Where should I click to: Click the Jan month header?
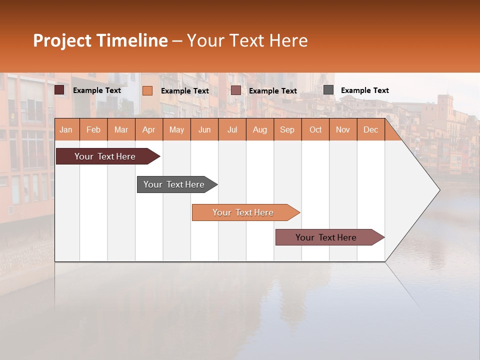coord(66,129)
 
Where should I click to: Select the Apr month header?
coord(149,129)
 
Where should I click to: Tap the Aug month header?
coord(259,129)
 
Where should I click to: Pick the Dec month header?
coord(370,129)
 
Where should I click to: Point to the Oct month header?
coord(315,129)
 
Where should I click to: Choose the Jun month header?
coord(204,129)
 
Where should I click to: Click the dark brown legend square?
coord(59,90)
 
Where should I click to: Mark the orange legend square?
coord(147,90)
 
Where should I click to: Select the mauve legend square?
coord(236,90)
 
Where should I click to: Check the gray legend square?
coord(328,89)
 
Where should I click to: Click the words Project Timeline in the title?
coord(100,40)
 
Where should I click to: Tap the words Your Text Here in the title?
coord(247,40)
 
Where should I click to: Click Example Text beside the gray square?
coord(364,90)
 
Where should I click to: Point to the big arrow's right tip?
coord(438,189)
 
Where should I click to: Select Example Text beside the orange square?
coord(184,90)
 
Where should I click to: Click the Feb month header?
coord(93,129)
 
